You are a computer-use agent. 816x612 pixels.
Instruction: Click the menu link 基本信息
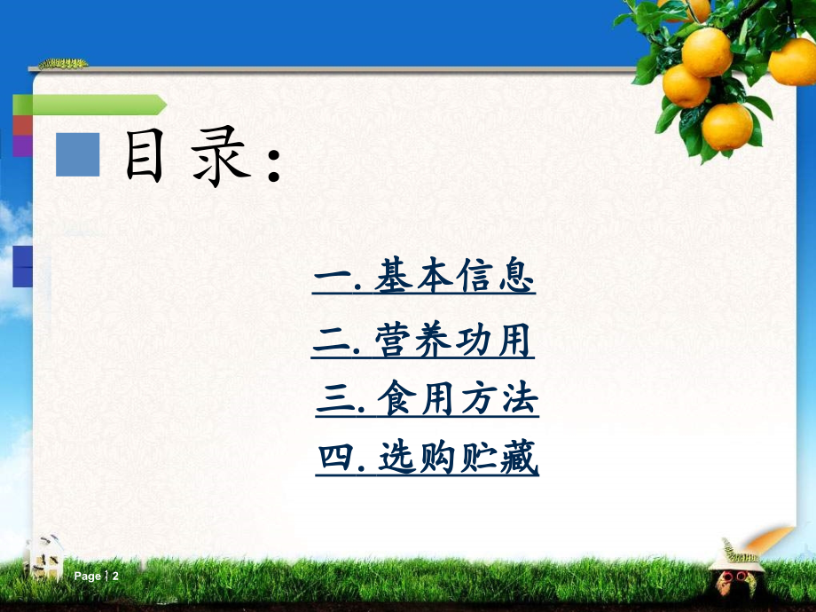pyautogui.click(x=425, y=278)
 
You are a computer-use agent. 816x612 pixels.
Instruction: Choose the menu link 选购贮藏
pyautogui.click(x=428, y=459)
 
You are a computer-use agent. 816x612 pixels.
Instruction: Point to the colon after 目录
pyautogui.click(x=274, y=164)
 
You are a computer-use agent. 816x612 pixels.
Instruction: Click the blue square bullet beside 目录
pyautogui.click(x=77, y=153)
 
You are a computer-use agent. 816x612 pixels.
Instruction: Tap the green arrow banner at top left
pyautogui.click(x=89, y=105)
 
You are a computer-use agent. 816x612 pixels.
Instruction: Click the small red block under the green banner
pyautogui.click(x=22, y=125)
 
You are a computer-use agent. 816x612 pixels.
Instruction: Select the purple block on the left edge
pyautogui.click(x=22, y=145)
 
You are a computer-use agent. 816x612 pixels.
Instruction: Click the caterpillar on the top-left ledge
pyautogui.click(x=62, y=64)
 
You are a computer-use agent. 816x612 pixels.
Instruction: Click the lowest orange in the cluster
pyautogui.click(x=727, y=127)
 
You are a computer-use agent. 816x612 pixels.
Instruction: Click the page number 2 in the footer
pyautogui.click(x=115, y=577)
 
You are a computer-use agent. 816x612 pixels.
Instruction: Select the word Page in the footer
pyautogui.click(x=88, y=577)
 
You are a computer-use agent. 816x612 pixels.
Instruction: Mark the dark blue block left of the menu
pyautogui.click(x=22, y=266)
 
